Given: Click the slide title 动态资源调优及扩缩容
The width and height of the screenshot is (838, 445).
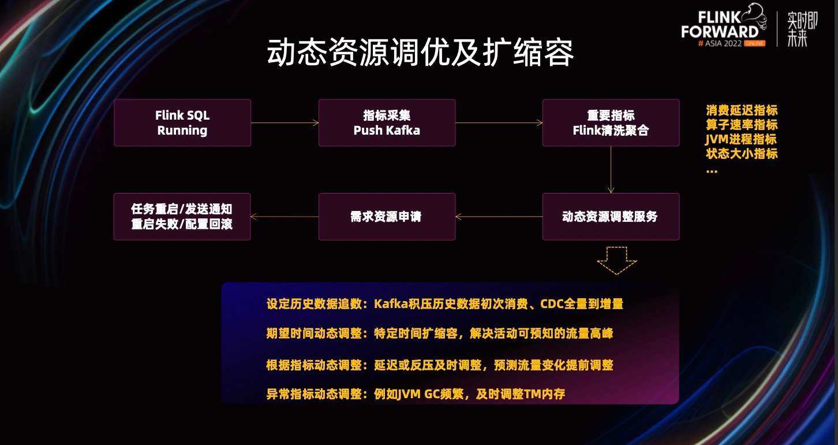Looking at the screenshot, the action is point(420,53).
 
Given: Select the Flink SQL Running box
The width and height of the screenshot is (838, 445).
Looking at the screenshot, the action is point(182,123).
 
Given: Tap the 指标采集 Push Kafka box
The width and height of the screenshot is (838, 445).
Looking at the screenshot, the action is point(387,123).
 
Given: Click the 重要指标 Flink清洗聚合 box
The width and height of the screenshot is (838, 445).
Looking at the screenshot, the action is point(611,123).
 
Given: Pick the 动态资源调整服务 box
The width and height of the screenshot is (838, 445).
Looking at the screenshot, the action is point(611,217).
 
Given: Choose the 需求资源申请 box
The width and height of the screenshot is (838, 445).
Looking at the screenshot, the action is point(387,217).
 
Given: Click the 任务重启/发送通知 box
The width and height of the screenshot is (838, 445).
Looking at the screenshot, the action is point(182,217).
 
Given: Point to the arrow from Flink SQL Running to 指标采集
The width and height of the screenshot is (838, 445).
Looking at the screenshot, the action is point(285,123).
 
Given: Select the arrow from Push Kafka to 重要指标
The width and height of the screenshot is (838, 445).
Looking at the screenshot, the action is point(499,123).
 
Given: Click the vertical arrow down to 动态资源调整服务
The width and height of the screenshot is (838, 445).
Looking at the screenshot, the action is point(611,170).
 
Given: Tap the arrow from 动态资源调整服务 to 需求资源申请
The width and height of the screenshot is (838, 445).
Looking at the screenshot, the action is point(499,217).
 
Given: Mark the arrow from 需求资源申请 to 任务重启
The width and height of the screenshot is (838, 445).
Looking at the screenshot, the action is point(285,217).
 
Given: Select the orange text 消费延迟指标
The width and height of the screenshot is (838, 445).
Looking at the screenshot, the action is point(742,110).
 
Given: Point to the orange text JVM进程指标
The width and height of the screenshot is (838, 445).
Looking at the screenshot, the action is point(741,139).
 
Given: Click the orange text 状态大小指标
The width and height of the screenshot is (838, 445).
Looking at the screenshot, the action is point(742,153).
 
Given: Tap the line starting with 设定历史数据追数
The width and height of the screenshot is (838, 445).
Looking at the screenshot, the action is point(445,303).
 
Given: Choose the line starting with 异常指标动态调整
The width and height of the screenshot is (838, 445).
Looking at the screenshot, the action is point(416,394).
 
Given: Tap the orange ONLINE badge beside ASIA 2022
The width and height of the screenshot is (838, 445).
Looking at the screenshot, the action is point(754,43).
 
